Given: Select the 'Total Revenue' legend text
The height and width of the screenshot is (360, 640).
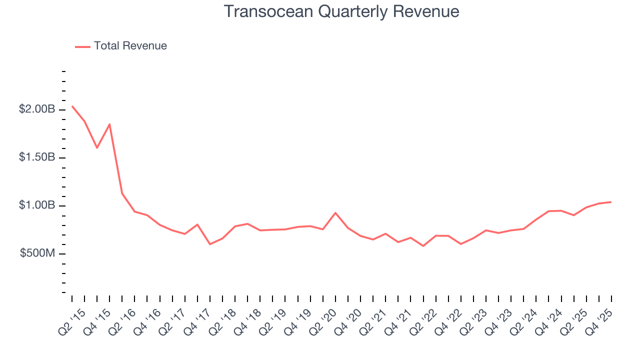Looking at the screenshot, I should pos(130,46).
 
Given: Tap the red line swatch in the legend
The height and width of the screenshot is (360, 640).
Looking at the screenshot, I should pos(82,46).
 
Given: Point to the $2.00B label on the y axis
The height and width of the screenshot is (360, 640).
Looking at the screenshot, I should pos(37,109).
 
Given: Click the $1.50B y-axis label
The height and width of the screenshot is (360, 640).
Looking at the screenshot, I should pos(37,157).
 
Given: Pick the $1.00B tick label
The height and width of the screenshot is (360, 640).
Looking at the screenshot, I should pos(37,205).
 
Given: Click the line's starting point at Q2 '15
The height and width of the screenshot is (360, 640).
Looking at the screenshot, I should pos(72,106).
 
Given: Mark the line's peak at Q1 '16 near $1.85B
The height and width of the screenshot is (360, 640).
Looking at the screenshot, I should pos(109,124).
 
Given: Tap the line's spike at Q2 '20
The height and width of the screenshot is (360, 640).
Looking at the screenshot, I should pos(335,212).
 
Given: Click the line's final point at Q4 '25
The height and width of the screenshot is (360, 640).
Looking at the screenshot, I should pos(611,202).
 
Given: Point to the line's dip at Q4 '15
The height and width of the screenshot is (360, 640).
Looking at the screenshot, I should pos(97,148).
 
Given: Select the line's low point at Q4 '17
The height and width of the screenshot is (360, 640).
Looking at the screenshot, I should pos(210,244).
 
